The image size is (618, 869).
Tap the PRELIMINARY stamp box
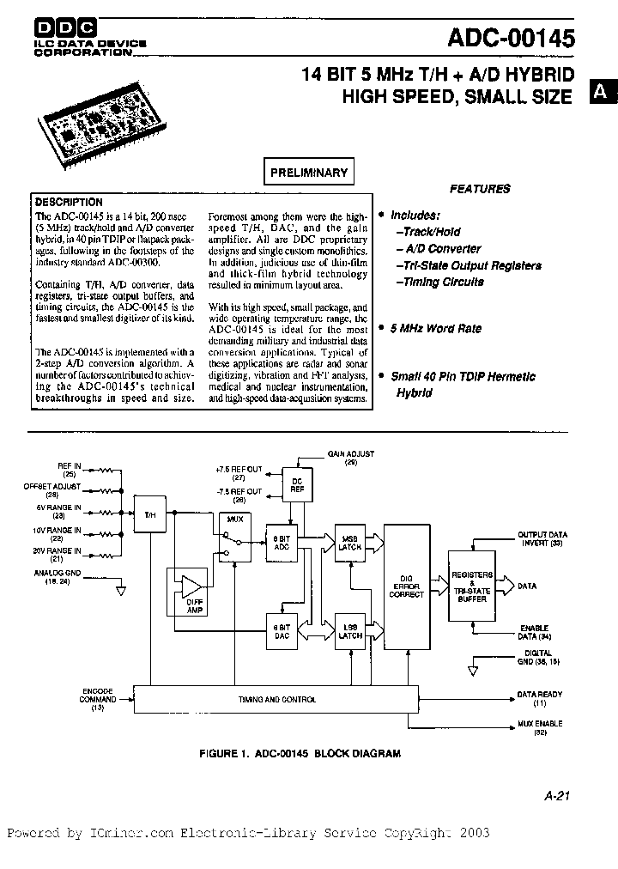coord(308,173)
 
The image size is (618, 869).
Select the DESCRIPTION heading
coord(69,203)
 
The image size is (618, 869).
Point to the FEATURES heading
coord(480,189)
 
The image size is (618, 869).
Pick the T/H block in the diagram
coord(149,515)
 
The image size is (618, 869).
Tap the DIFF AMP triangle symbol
coord(189,586)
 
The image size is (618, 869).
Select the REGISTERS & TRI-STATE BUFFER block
coord(471,586)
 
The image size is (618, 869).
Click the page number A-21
coord(556,795)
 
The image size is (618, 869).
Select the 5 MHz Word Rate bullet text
coord(435,328)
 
